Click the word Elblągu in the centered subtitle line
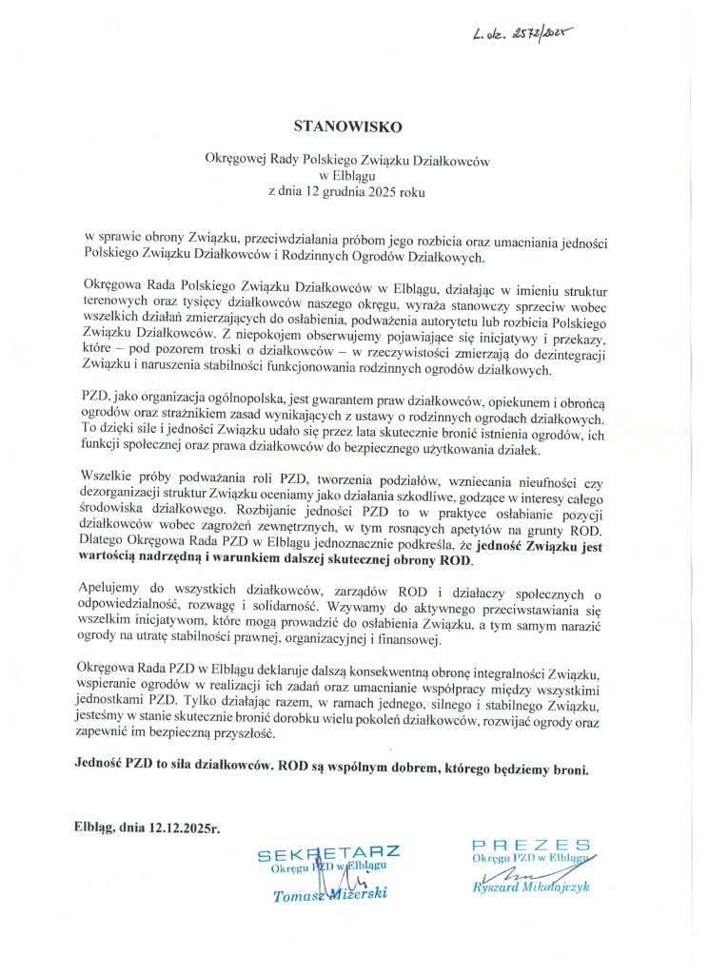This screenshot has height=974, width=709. click(348, 175)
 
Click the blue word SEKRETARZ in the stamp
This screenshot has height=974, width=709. click(328, 852)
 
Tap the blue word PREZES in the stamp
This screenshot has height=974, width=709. click(531, 845)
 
